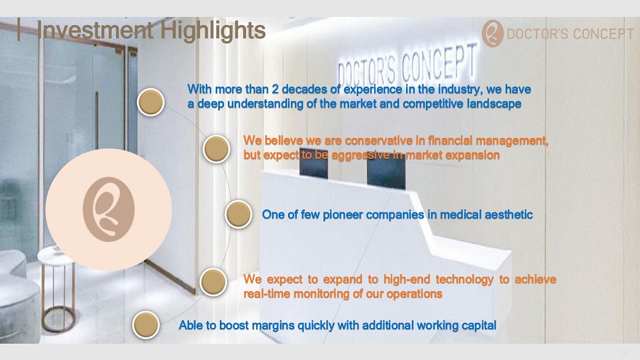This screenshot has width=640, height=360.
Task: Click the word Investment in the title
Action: tap(95, 30)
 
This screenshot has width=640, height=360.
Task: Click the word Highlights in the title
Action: tap(212, 31)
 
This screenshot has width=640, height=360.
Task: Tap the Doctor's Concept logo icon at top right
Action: tap(492, 34)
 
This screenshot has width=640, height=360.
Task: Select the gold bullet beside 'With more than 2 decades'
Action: tap(151, 102)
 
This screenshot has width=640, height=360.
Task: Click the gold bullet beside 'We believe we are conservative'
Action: tap(216, 149)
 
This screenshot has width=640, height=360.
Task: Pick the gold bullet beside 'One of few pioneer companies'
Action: tap(239, 214)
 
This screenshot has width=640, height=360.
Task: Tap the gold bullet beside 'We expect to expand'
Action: tap(214, 282)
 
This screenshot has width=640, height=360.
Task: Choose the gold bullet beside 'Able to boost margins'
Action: tap(145, 325)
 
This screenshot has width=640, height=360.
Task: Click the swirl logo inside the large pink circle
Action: tap(109, 209)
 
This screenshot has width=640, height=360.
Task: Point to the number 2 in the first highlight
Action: tap(275, 89)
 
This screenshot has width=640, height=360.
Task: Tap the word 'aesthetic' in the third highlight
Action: tap(509, 214)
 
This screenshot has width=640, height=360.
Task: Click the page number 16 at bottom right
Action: tap(624, 353)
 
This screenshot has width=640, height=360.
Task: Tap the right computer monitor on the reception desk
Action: tap(386, 170)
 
